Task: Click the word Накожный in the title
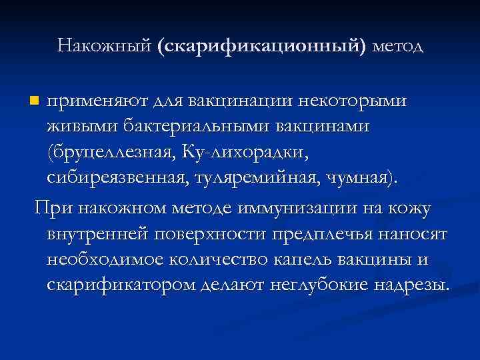(105, 46)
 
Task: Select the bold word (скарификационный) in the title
(263, 46)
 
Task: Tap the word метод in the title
(398, 46)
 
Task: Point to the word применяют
(98, 101)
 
